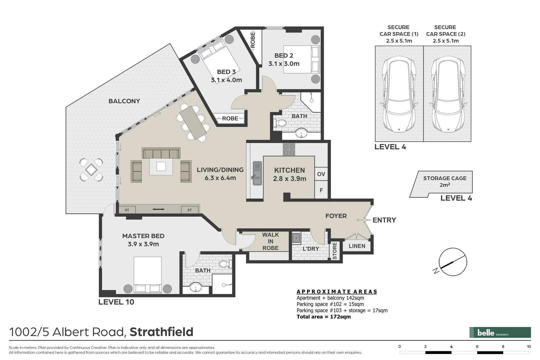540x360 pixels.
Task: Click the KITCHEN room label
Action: [289, 170]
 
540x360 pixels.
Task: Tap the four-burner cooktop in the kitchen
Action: [289, 149]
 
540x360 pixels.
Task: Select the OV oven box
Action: [321, 174]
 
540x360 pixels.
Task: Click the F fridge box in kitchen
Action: [321, 190]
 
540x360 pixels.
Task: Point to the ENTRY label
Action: [384, 220]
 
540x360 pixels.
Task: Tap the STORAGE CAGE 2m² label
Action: [445, 182]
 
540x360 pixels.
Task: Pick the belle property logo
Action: [500, 332]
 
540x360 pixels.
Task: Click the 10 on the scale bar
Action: [529, 346]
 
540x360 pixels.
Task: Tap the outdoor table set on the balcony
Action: [91, 170]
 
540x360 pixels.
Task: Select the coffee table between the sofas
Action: [161, 166]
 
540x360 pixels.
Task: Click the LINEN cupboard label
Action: [357, 246]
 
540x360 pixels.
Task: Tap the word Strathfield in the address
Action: [161, 332]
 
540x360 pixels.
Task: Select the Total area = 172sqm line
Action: [324, 317]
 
